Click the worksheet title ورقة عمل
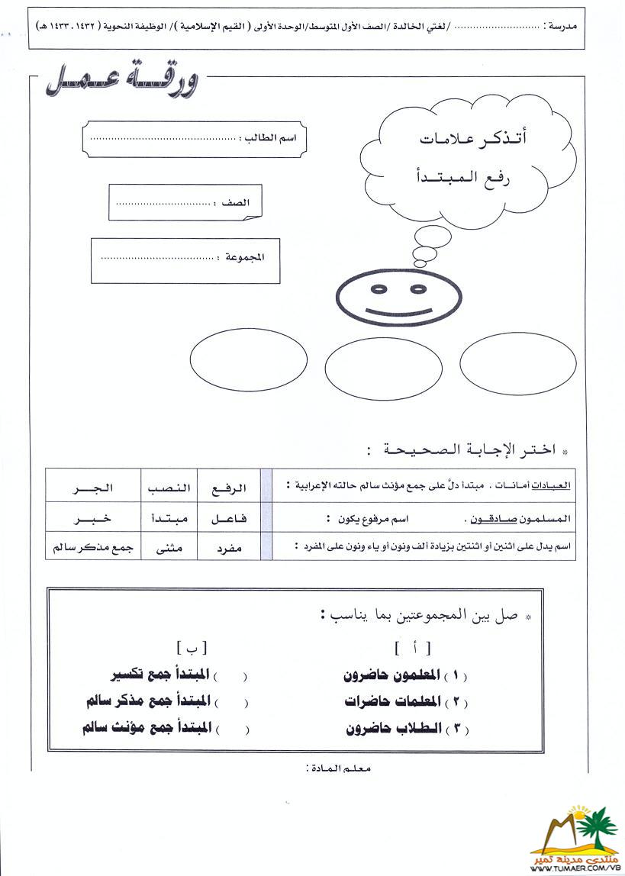coord(122,81)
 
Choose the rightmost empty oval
coord(518,363)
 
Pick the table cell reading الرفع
coord(229,487)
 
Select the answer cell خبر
coord(92,519)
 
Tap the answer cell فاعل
coord(229,519)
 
